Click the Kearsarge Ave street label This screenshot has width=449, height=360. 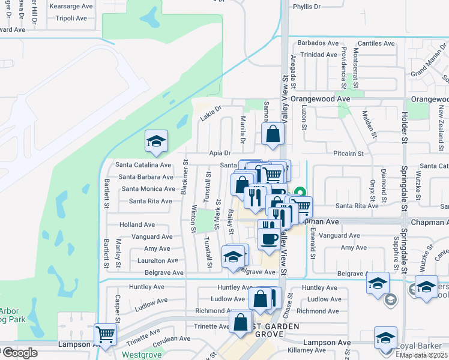71,5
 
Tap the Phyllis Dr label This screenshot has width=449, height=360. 307,7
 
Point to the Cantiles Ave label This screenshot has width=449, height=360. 376,43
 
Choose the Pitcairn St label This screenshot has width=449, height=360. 349,154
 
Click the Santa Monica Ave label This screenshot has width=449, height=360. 148,188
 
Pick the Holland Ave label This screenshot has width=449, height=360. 137,224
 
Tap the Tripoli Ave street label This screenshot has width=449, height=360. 70,17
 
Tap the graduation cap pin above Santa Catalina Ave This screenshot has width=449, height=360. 156,142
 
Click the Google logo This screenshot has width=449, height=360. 20,353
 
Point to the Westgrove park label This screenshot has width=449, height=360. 142,355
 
